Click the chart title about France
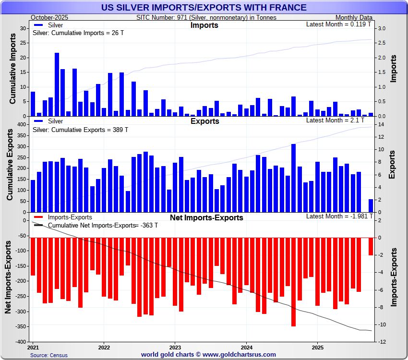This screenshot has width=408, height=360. point(204,7)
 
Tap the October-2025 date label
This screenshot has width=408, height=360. point(49,17)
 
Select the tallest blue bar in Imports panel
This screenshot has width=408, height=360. point(57,84)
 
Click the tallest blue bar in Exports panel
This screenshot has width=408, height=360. point(293,178)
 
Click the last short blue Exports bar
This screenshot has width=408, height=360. point(371,205)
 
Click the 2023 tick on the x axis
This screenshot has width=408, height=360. point(175,347)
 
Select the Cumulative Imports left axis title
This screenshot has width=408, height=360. point(13,72)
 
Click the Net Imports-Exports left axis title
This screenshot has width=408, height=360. point(8,278)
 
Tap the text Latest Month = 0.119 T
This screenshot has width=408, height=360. point(338,24)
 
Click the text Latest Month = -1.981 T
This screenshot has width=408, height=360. point(338,216)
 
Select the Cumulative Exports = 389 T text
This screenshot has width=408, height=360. point(80,130)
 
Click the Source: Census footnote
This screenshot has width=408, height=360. point(49,355)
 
